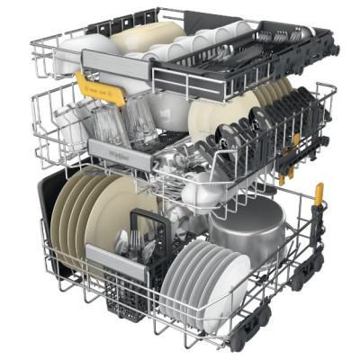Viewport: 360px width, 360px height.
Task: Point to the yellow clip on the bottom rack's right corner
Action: coord(318,194)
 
